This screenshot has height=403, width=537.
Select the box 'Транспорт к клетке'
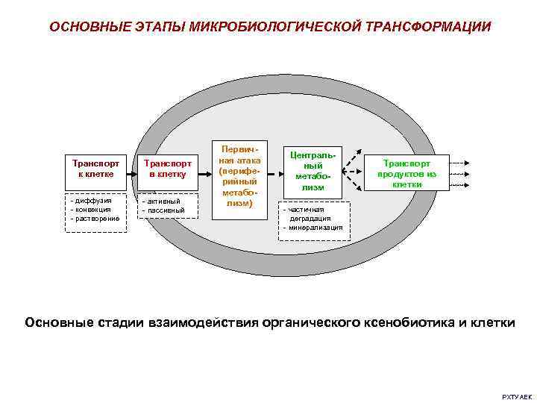click(x=95, y=168)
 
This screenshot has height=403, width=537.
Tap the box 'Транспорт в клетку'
click(x=167, y=168)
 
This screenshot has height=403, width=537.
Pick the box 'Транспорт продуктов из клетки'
click(x=406, y=173)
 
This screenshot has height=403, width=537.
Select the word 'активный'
click(x=163, y=201)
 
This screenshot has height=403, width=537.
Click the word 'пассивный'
click(x=166, y=210)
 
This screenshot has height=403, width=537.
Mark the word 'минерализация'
click(x=315, y=227)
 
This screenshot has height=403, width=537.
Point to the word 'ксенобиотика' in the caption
click(x=409, y=322)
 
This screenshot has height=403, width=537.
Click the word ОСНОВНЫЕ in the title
click(x=79, y=27)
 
